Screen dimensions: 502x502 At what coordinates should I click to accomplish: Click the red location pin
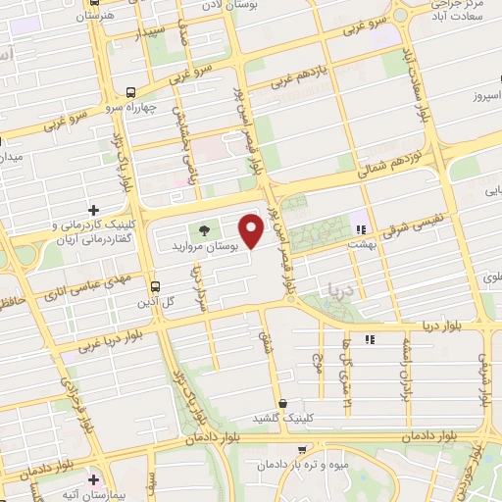click(x=252, y=232)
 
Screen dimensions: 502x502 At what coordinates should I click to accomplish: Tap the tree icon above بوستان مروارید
click(x=204, y=230)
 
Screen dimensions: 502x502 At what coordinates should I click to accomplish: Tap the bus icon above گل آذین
click(x=154, y=286)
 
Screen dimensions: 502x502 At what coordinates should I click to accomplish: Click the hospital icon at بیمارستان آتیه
click(x=94, y=481)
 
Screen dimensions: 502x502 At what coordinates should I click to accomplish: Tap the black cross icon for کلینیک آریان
click(x=94, y=210)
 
